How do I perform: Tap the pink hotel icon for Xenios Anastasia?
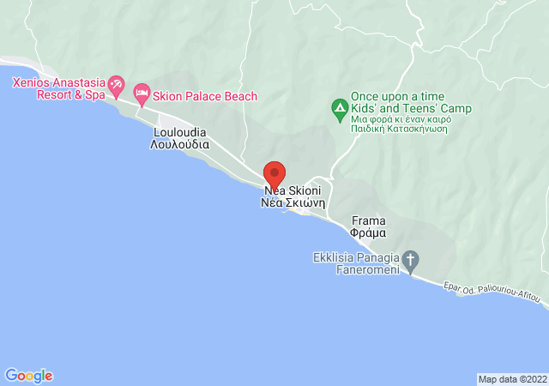pyautogui.click(x=117, y=87)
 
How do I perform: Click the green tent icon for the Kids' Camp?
pyautogui.click(x=339, y=109)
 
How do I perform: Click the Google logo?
pyautogui.click(x=28, y=376)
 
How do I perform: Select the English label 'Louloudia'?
pyautogui.click(x=180, y=133)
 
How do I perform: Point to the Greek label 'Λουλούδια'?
pyautogui.click(x=180, y=145)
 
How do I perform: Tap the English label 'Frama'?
pyautogui.click(x=368, y=220)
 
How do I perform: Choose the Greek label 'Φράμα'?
pyautogui.click(x=368, y=232)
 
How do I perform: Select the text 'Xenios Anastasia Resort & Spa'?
pyautogui.click(x=57, y=88)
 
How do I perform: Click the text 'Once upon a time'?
pyautogui.click(x=399, y=96)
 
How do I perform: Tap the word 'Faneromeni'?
pyautogui.click(x=365, y=271)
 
